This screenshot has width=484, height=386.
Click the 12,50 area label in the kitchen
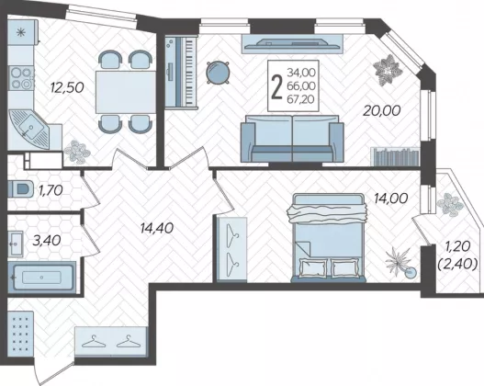point(67,87)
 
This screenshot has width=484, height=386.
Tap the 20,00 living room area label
point(381,110)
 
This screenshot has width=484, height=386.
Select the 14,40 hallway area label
point(156,228)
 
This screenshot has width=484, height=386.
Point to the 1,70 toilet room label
point(51,190)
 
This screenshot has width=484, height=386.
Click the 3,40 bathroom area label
point(47,241)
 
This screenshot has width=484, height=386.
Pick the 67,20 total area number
point(301,99)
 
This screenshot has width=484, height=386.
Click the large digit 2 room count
point(276,87)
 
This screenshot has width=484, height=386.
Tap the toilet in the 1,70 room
point(20,188)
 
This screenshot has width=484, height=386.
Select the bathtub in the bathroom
point(41,277)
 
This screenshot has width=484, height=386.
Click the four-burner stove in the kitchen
point(21,78)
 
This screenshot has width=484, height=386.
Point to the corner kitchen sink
point(28,129)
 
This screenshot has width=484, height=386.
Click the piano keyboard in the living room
point(181,72)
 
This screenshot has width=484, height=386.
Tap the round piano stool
point(218,73)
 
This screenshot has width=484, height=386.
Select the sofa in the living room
point(292,139)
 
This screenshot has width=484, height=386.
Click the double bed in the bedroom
point(329,238)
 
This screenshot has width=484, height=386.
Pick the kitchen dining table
point(126,92)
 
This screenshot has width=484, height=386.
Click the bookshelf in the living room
point(395,156)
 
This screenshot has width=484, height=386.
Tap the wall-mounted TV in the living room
point(292,43)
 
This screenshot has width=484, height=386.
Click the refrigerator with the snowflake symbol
point(23,32)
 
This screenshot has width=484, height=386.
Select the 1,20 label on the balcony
point(457,246)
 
